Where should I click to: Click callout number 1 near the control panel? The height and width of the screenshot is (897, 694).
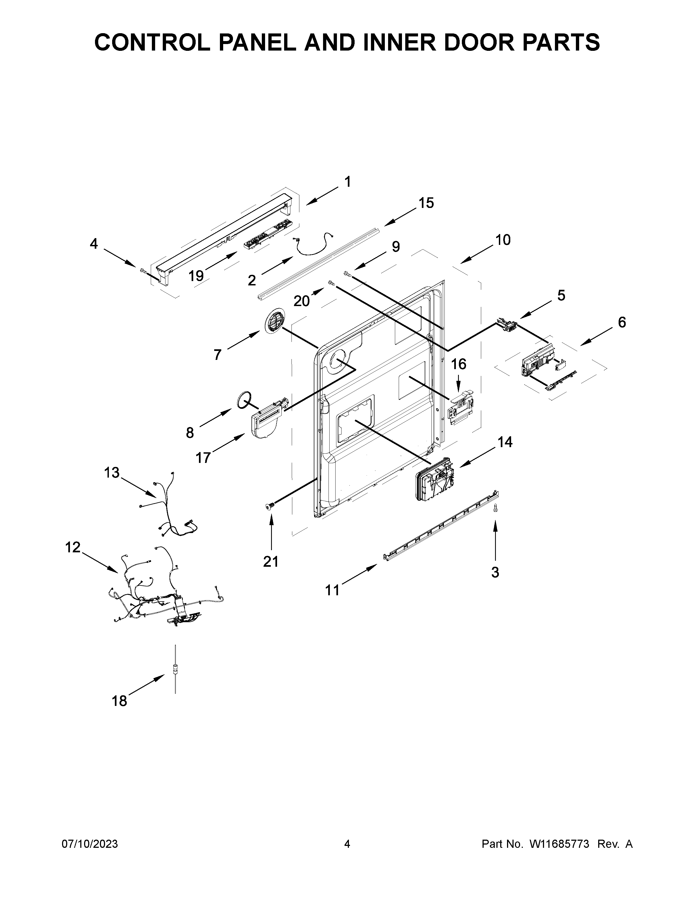pos(348,182)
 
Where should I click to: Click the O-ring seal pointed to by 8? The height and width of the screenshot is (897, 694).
pos(244,399)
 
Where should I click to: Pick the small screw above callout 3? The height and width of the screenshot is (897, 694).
pos(495,508)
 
